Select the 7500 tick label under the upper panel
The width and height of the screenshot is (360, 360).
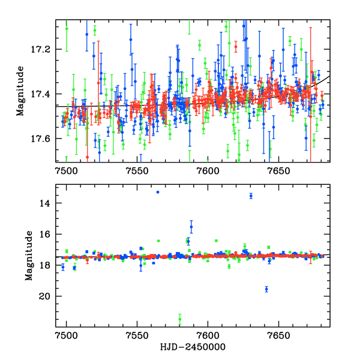pyautogui.click(x=66, y=171)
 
